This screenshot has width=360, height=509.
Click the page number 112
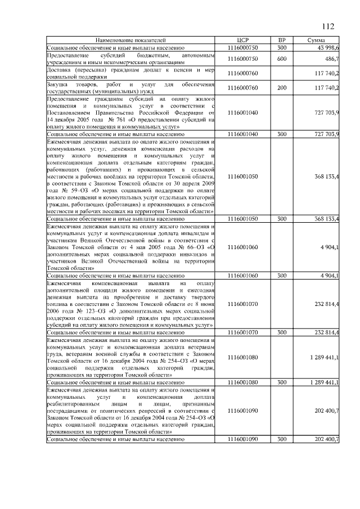[x=328, y=26]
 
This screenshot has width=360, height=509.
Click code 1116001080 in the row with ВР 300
[x=243, y=382]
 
